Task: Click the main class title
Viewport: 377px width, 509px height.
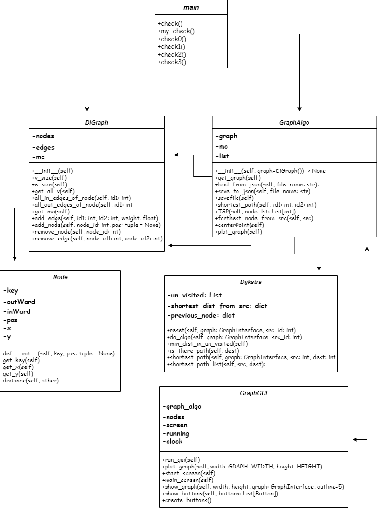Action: point(191,7)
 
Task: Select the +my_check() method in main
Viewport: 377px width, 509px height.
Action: point(176,31)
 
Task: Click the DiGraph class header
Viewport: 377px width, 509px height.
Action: point(96,123)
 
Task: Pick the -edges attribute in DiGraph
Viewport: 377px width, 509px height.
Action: point(43,148)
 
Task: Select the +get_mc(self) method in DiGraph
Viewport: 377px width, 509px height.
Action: point(51,212)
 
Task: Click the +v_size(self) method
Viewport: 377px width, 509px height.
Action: point(49,178)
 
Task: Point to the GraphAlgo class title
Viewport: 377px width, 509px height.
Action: point(294,123)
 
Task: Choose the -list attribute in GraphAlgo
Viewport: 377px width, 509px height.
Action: point(223,156)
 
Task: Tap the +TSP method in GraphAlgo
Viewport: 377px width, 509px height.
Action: point(255,212)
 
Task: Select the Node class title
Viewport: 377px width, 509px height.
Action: point(60,277)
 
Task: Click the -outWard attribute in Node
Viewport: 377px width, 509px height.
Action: point(19,302)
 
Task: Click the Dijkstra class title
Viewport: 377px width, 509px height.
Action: point(251,282)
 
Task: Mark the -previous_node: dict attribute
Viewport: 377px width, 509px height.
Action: point(201,315)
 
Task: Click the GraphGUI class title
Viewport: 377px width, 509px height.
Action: point(253,393)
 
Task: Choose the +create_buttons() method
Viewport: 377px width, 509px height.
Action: point(187,501)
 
